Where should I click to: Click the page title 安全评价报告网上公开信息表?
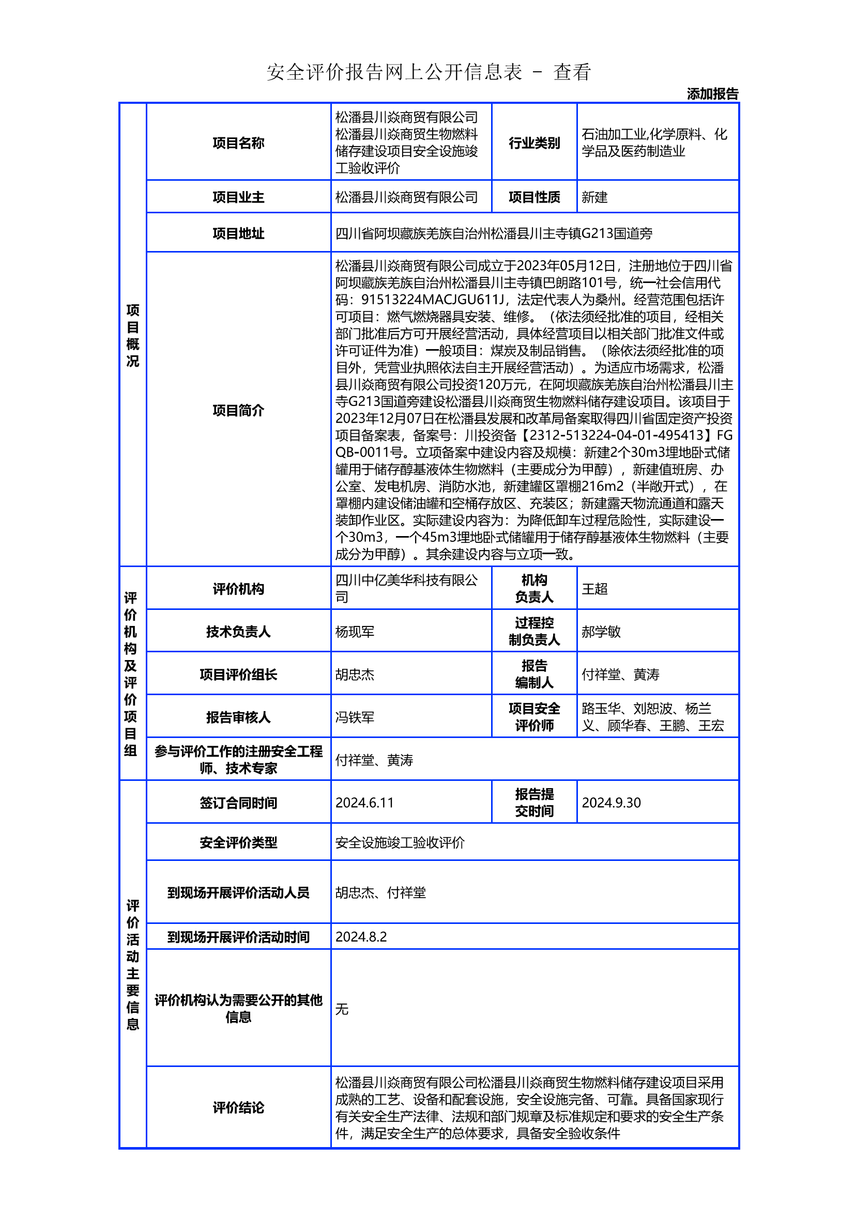pos(394,72)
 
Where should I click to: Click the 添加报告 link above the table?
pos(712,94)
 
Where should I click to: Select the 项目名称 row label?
pos(238,143)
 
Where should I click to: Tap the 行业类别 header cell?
pos(534,143)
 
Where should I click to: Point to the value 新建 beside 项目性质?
pos(594,197)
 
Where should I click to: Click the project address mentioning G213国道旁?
pos(493,233)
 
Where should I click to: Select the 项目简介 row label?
pos(238,410)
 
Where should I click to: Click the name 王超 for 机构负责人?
pos(594,589)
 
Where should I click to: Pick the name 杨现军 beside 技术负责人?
pos(354,631)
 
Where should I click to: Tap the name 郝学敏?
pos(601,631)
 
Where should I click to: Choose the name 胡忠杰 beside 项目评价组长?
pos(354,674)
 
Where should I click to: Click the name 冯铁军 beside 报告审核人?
pos(354,717)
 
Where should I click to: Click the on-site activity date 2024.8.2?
pos(361,936)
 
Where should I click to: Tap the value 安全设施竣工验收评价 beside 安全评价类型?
pos(400,842)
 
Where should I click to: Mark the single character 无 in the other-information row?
pos(342,1009)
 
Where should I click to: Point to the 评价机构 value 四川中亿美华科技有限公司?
pos(406,588)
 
